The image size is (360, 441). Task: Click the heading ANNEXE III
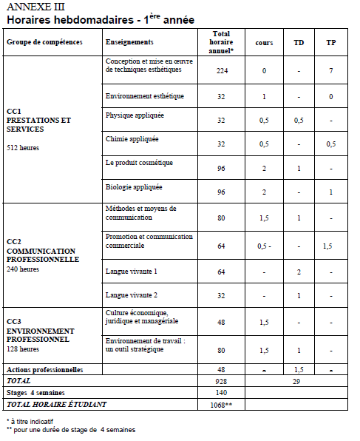(x=33, y=7)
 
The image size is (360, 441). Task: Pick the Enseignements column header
(x=129, y=42)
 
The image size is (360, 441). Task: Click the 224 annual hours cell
(x=221, y=71)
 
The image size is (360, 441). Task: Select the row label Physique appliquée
(x=135, y=116)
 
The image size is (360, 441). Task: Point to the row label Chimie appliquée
(x=132, y=138)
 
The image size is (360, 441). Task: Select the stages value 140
(x=221, y=392)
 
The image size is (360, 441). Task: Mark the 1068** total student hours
(x=221, y=405)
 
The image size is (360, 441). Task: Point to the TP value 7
(x=331, y=71)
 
